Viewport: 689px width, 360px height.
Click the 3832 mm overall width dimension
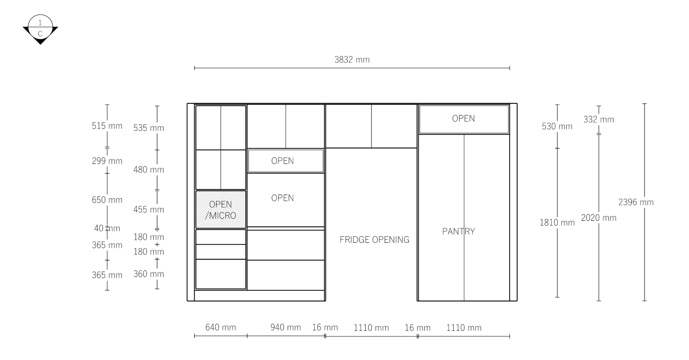[x=352, y=59]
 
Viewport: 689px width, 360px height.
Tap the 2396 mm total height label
[x=636, y=202]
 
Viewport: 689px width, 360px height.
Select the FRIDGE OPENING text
[x=374, y=240]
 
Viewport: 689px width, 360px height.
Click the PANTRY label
[x=458, y=231]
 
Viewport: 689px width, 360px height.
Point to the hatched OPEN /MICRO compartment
[x=221, y=210]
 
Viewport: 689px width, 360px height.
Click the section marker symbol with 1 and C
[x=40, y=29]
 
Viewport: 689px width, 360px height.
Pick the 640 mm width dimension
[x=221, y=327]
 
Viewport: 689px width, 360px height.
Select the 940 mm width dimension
[x=285, y=327]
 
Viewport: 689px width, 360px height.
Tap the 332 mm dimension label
[x=598, y=120]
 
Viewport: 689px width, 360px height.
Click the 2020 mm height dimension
[x=599, y=218]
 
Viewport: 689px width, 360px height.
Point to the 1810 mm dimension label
[x=557, y=223]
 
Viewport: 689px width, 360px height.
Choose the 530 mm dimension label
[x=557, y=126]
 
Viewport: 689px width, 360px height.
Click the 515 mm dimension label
[x=107, y=126]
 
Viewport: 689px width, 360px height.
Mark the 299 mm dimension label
[x=107, y=161]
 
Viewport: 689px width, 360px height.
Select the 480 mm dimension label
[x=148, y=170]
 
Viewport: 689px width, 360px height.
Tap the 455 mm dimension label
[x=148, y=210]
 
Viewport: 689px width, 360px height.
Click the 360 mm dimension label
[x=148, y=274]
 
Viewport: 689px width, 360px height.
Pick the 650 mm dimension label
[x=107, y=200]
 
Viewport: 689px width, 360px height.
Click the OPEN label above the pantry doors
[x=463, y=118]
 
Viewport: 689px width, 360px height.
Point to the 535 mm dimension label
[x=148, y=128]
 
